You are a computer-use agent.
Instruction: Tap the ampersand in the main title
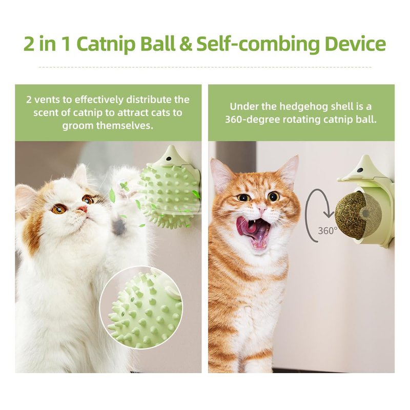click(x=186, y=44)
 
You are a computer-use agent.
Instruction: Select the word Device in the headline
click(x=355, y=44)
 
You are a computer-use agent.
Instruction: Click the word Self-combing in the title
click(x=258, y=44)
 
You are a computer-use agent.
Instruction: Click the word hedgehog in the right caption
click(x=303, y=107)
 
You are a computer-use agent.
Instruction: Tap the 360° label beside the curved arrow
click(x=327, y=231)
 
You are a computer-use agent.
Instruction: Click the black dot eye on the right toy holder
click(x=360, y=170)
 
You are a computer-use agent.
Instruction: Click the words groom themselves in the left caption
click(x=108, y=126)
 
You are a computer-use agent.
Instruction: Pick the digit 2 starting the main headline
click(x=29, y=44)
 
